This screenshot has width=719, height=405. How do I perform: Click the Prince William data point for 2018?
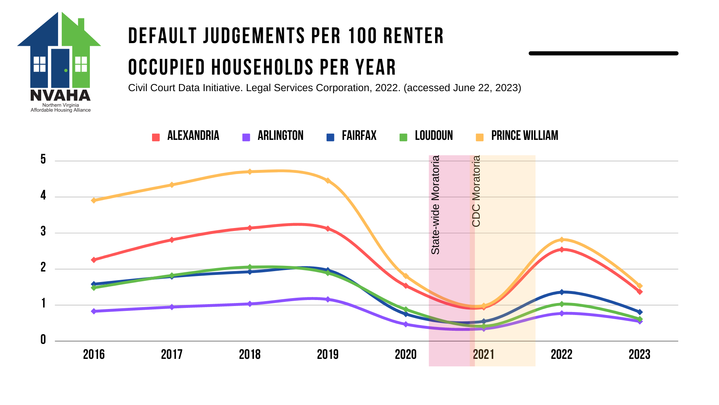[x=250, y=172]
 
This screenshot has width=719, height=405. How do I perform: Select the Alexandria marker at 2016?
[x=94, y=259]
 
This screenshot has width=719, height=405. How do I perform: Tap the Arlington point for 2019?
[x=328, y=299]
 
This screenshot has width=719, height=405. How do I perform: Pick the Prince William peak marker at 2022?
[x=561, y=240]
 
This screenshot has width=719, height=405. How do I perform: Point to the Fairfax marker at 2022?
[x=561, y=292]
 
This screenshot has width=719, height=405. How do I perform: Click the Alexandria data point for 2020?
[x=406, y=286]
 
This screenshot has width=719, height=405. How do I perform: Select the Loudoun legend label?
[x=434, y=136]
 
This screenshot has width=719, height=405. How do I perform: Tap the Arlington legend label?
[x=280, y=136]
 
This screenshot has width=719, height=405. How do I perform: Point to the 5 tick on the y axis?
[x=43, y=159]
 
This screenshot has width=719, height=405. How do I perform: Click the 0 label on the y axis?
[x=43, y=340]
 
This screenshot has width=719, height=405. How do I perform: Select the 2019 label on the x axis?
[x=328, y=354]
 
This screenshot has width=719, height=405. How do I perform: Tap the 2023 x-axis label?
[x=639, y=354]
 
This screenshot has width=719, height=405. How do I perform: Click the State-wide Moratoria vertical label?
[x=435, y=205]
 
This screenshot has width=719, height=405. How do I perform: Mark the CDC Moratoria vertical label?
[x=476, y=191]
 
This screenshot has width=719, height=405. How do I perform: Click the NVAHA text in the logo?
[x=60, y=96]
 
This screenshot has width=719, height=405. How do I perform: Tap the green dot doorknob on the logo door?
[x=66, y=70]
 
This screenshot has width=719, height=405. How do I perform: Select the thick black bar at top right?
[x=603, y=53]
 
